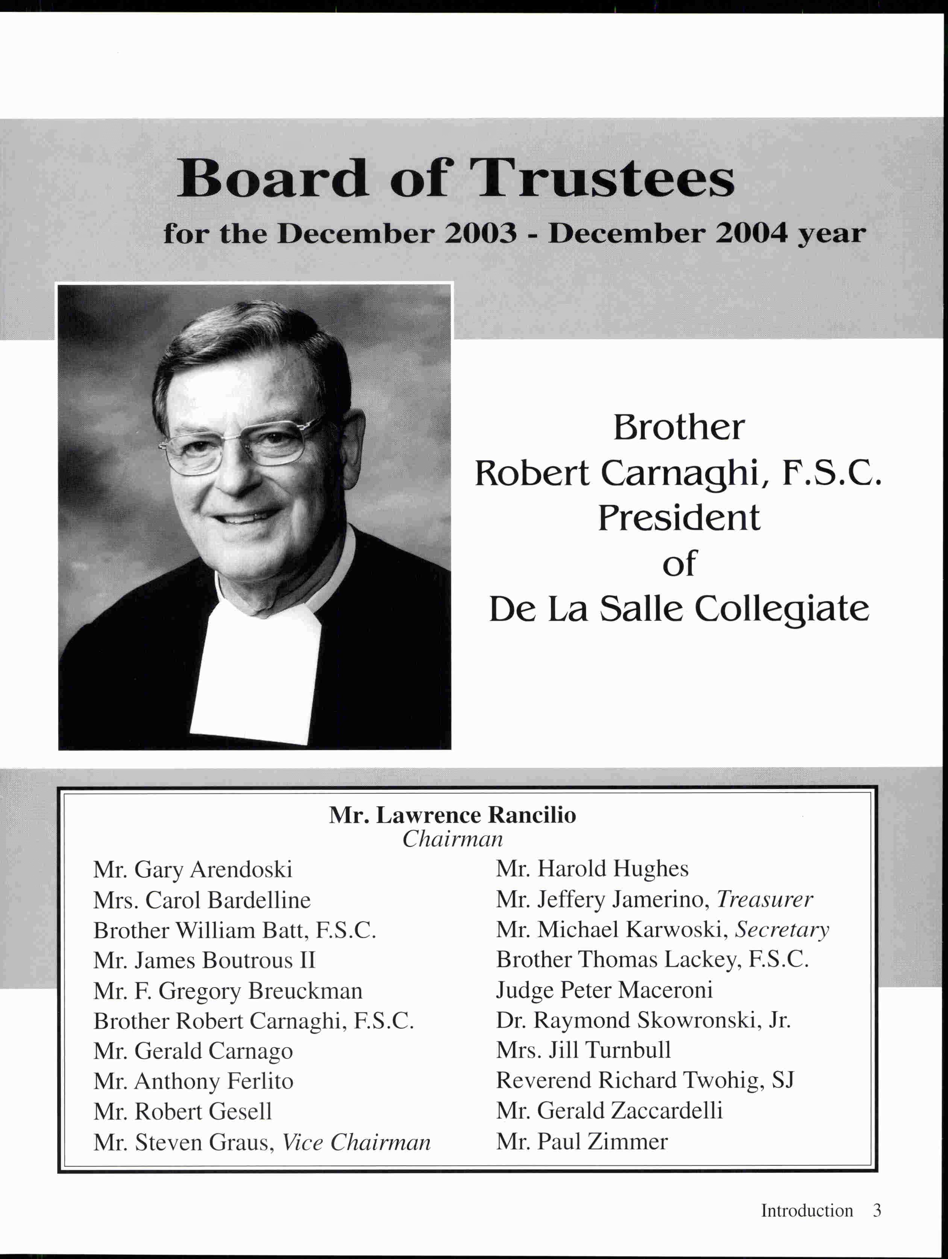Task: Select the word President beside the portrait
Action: [x=678, y=518]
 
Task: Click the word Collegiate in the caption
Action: [x=781, y=610]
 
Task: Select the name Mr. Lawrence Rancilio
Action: [x=452, y=816]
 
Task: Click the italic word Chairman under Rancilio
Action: [x=452, y=839]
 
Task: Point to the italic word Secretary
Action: [x=782, y=930]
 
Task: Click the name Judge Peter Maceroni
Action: [x=604, y=991]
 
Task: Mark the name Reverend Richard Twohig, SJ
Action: [x=645, y=1080]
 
